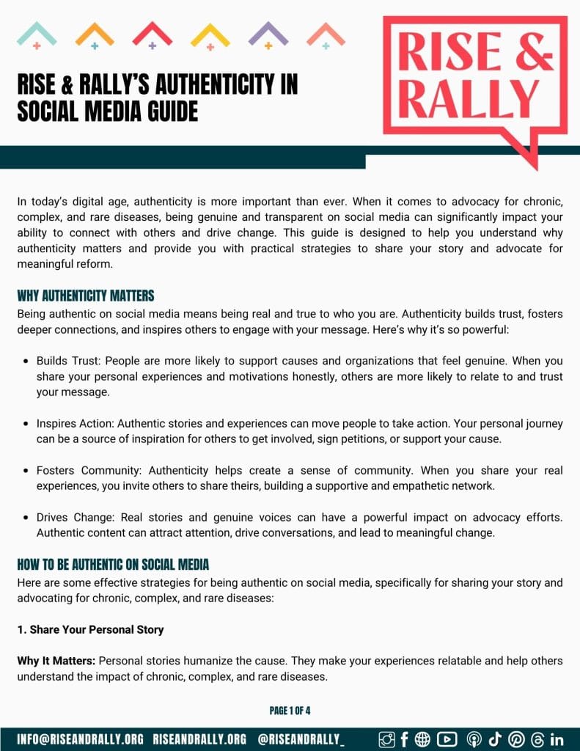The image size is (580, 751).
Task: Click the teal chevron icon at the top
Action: pos(36,34)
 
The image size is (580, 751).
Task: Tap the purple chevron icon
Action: pos(268,34)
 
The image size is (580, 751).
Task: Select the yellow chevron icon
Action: pos(210,34)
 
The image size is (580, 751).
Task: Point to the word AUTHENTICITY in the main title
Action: pos(207,85)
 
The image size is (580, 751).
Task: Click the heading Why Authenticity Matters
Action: pos(86,296)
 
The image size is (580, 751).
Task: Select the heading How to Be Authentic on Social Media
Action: pos(113,565)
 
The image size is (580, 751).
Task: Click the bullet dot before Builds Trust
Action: pos(26,362)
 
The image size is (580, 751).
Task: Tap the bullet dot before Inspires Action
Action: pos(26,423)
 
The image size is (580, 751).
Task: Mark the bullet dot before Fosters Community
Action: pos(26,471)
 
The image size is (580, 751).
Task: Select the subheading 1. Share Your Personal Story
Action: pos(90,629)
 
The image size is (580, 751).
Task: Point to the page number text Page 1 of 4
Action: pos(290,711)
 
